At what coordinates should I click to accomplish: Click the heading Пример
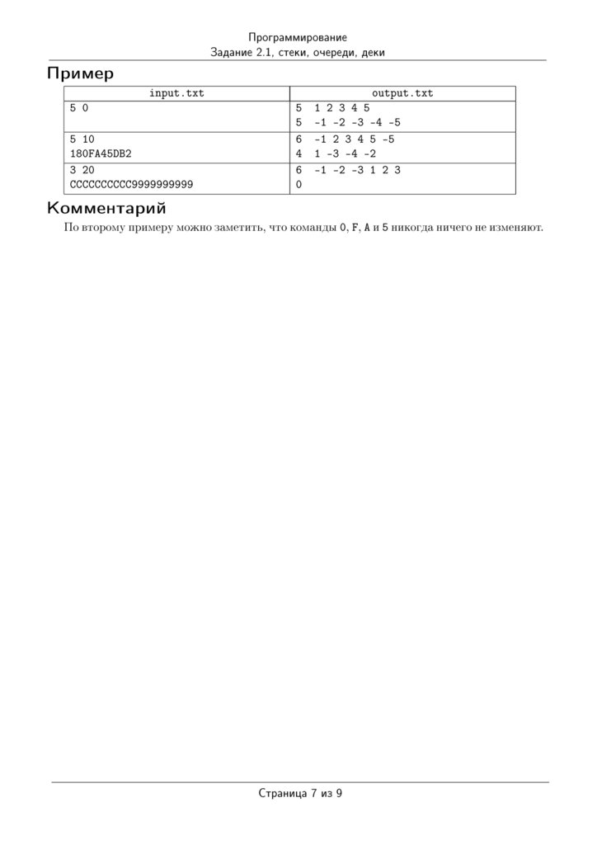80,73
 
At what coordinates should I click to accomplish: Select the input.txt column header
176,93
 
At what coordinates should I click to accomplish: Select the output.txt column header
402,93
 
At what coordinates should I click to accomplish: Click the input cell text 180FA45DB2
101,154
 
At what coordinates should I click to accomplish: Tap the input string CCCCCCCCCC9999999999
131,185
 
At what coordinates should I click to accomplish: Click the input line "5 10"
82,139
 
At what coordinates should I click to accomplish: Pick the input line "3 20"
82,170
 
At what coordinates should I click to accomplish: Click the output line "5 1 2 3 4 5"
332,108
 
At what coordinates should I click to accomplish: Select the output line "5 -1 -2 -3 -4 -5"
347,123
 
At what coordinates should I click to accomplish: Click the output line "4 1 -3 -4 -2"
335,154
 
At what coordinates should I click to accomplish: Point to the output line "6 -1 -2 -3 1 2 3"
347,170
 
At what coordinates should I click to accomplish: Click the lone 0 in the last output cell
298,185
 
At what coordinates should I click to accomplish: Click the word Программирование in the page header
298,38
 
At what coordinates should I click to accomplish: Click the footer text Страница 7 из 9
299,794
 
